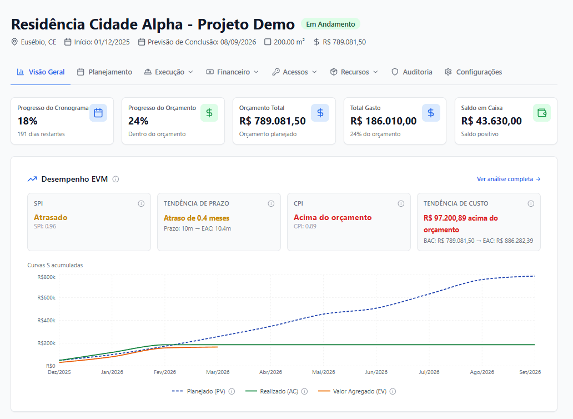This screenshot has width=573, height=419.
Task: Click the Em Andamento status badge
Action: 330,24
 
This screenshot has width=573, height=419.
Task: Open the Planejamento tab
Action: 104,72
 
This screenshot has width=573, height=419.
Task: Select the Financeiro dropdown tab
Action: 232,72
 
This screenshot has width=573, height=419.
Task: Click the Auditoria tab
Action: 411,72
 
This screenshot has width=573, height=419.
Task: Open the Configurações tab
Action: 473,72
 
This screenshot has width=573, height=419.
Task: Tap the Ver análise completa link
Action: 508,179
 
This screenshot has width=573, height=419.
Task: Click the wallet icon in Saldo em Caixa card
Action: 542,113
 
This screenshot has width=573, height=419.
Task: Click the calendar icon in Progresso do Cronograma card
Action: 98,113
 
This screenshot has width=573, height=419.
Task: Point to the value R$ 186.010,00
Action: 383,121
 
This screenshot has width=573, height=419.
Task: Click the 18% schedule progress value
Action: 27,121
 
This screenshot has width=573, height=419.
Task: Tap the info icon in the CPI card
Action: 401,203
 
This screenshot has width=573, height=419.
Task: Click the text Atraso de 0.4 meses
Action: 196,218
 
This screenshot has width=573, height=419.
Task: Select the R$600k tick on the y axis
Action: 46,297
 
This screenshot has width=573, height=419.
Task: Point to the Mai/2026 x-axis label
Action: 324,372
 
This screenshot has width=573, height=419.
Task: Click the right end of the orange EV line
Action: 217,347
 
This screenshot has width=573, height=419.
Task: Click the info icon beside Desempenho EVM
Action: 115,179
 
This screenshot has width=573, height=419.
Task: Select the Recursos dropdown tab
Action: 354,72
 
